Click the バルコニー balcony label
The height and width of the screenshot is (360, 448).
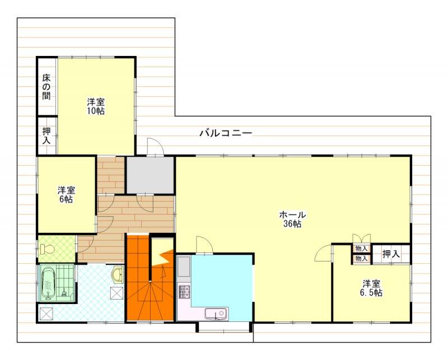tap(226, 133)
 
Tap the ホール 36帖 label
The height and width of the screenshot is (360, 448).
tap(292, 219)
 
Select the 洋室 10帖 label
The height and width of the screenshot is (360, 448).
tap(96, 106)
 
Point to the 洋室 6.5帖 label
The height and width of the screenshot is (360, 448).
tap(371, 288)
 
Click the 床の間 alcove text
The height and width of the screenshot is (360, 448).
tap(46, 87)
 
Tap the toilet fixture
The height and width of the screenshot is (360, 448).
tap(47, 249)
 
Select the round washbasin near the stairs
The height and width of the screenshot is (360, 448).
tap(118, 275)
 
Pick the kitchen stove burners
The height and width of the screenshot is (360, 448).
tap(184, 292)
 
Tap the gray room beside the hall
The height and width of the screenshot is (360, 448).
tap(150, 175)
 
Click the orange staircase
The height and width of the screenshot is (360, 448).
tap(150, 277)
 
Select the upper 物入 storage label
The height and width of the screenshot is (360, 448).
tap(361, 249)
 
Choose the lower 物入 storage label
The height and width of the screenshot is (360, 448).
tap(361, 259)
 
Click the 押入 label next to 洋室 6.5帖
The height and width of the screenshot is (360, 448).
tap(391, 254)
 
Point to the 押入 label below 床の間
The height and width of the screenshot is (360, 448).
tap(46, 135)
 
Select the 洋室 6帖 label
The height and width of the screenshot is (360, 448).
tap(66, 195)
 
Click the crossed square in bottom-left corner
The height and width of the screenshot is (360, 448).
tap(46, 314)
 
